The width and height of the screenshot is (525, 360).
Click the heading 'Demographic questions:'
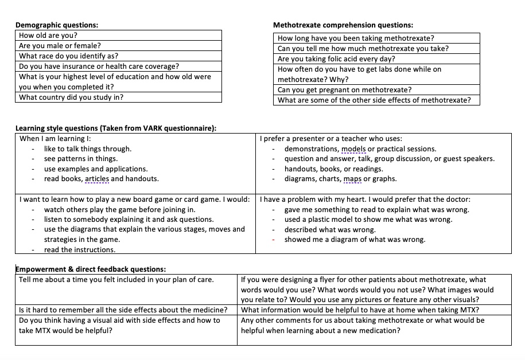coord(56,25)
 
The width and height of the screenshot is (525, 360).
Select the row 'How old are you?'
coord(48,36)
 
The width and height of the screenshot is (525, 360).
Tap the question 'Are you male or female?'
coord(60,46)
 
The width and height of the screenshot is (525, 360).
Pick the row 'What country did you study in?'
coord(71,97)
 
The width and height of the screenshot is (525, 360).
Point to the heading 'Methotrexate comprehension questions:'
coord(343,25)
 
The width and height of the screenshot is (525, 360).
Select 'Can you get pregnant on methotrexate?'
coord(344,90)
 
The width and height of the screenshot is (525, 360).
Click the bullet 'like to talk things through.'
coord(87,149)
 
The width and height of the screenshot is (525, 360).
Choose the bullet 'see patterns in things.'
coord(80,159)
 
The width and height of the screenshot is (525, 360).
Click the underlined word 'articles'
coord(97,179)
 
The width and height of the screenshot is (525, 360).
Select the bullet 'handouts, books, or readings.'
coord(333,169)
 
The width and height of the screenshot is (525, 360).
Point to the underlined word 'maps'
coord(352,179)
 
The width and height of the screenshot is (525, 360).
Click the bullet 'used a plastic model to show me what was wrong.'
coord(368,220)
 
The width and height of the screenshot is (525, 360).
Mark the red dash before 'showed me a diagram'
coord(275,240)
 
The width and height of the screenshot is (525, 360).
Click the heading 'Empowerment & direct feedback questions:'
coord(91,269)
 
